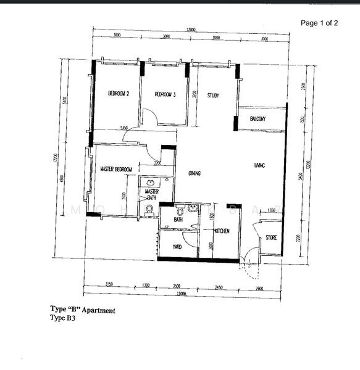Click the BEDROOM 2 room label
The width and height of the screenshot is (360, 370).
tap(118, 94)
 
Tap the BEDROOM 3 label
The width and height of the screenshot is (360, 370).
tap(165, 94)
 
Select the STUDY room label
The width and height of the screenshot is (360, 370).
tap(213, 96)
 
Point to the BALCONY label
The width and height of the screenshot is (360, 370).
tap(257, 118)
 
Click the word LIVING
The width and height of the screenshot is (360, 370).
tap(259, 165)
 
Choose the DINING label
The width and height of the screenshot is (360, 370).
tap(195, 173)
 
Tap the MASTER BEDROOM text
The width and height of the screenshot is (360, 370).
tap(116, 169)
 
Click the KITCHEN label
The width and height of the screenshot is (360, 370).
tap(222, 231)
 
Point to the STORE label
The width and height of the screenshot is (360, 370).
tap(271, 237)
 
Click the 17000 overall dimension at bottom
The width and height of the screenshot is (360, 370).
tap(181, 294)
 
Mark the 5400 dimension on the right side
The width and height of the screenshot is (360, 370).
tap(300, 177)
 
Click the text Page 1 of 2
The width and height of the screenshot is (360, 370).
tap(319, 23)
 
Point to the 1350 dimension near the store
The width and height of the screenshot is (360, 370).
tap(270, 211)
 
